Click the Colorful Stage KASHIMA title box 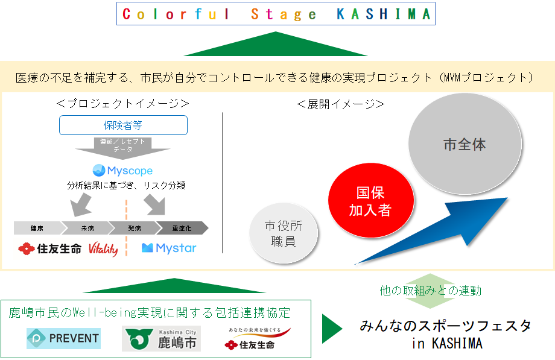pos(277,14)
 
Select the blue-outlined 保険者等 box pos(123,125)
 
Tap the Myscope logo pos(122,171)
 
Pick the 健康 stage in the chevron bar pos(37,228)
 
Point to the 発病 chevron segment pos(133,228)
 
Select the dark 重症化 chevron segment pos(182,228)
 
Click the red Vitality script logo pos(103,248)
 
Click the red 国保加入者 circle pos(371,201)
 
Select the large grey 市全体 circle pos(465,145)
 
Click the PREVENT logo pos(63,338)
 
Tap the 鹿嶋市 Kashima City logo pos(162,339)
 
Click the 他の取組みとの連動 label pos(431,291)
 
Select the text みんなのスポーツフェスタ pos(446,326)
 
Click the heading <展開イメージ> pos(341,104)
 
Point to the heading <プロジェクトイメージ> pos(122,104)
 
